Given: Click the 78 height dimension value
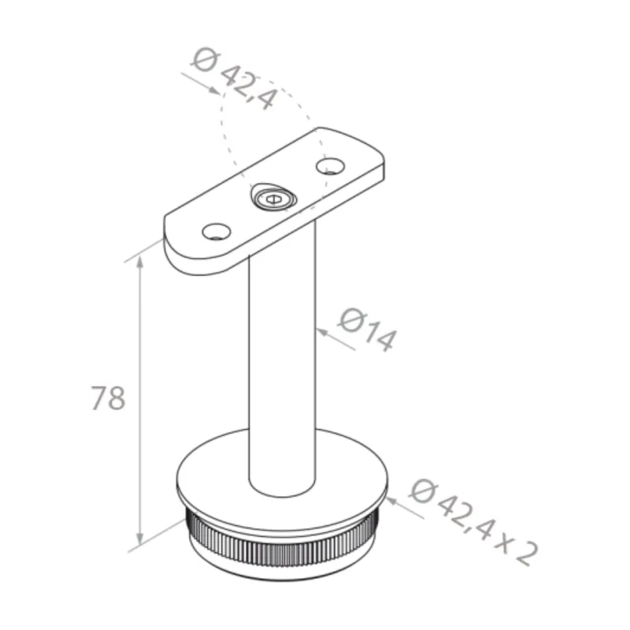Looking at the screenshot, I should (x=108, y=398).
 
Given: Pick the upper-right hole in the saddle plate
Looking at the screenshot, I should (x=330, y=165).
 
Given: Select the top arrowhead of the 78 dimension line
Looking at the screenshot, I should (x=143, y=266).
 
